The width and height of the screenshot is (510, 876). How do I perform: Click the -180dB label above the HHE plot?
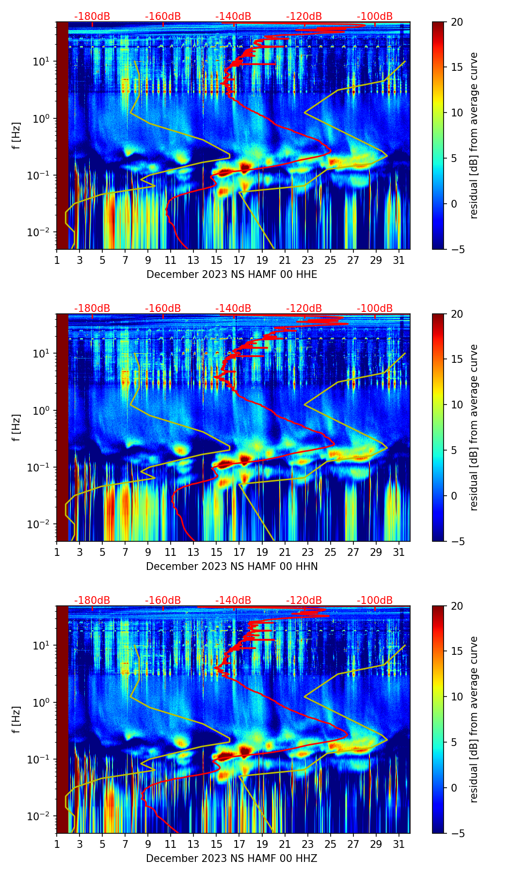click(92, 16)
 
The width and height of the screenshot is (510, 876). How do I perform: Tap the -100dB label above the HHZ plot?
click(375, 600)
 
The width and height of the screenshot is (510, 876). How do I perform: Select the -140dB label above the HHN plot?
click(233, 308)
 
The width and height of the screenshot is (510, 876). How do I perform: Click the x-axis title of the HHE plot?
click(232, 275)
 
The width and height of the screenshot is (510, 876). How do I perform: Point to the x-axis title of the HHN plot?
click(232, 567)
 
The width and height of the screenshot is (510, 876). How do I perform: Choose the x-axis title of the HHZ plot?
click(232, 859)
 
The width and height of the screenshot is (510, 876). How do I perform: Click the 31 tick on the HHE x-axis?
click(399, 260)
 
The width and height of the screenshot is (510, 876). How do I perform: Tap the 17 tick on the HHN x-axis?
click(239, 552)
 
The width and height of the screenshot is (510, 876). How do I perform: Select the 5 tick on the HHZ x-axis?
click(102, 844)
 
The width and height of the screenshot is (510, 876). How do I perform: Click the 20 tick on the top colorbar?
click(457, 22)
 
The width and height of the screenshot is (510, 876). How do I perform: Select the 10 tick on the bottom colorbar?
click(457, 697)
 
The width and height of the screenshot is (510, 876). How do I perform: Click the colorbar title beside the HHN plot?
click(474, 427)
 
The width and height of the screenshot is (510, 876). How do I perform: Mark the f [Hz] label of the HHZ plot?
click(16, 719)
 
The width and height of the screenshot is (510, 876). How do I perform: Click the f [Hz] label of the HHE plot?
click(16, 135)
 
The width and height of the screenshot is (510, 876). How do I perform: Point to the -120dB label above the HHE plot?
click(304, 16)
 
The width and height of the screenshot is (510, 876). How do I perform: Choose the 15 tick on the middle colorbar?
click(457, 359)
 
